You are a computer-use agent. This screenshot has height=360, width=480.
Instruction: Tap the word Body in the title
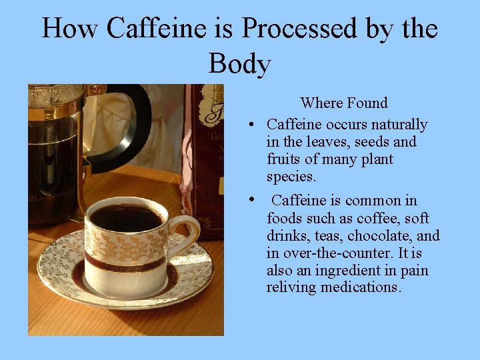(x=239, y=64)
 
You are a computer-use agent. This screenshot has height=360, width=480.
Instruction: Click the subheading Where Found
(x=343, y=103)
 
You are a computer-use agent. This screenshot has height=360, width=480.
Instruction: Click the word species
(x=291, y=177)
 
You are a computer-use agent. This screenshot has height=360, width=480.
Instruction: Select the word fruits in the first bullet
(x=284, y=159)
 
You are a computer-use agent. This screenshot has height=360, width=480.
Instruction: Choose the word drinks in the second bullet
(x=287, y=235)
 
